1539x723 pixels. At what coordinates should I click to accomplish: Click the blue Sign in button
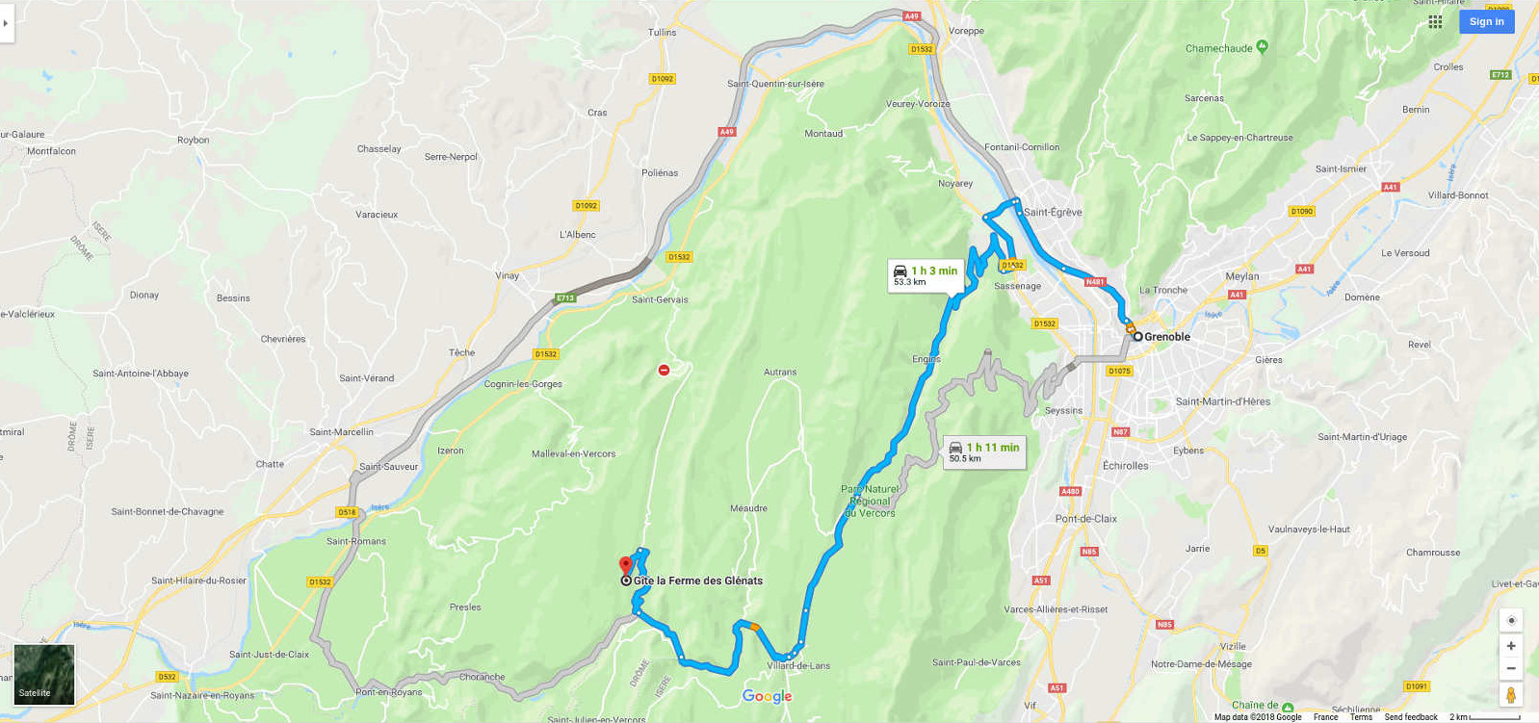pyautogui.click(x=1486, y=21)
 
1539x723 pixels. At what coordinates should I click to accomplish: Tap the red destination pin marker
pyautogui.click(x=625, y=565)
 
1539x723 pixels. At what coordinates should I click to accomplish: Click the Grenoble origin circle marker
pyautogui.click(x=1137, y=337)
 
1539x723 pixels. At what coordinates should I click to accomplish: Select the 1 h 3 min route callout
pyautogui.click(x=925, y=275)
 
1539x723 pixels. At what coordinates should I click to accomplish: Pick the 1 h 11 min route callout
pyautogui.click(x=983, y=452)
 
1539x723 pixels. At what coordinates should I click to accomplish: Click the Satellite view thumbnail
pyautogui.click(x=43, y=675)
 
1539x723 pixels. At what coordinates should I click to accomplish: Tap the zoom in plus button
pyautogui.click(x=1511, y=646)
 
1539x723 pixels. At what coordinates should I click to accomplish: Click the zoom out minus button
pyautogui.click(x=1511, y=668)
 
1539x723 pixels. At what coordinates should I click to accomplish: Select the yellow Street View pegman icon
pyautogui.click(x=1511, y=695)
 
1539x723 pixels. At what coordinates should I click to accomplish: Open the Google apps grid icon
pyautogui.click(x=1435, y=21)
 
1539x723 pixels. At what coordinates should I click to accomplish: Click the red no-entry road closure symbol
pyautogui.click(x=664, y=370)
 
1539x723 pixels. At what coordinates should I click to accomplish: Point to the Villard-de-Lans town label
pyautogui.click(x=798, y=665)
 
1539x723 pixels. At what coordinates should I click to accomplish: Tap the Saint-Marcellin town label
pyautogui.click(x=341, y=432)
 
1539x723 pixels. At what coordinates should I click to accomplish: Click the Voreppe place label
pyautogui.click(x=966, y=31)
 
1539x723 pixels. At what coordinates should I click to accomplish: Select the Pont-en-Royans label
pyautogui.click(x=388, y=692)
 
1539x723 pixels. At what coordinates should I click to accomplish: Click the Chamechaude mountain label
pyautogui.click(x=1219, y=48)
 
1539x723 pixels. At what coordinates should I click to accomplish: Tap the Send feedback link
pyautogui.click(x=1410, y=717)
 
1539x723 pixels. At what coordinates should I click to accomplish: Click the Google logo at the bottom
pyautogui.click(x=767, y=697)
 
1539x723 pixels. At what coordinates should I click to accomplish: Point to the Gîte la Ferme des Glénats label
pyautogui.click(x=697, y=581)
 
